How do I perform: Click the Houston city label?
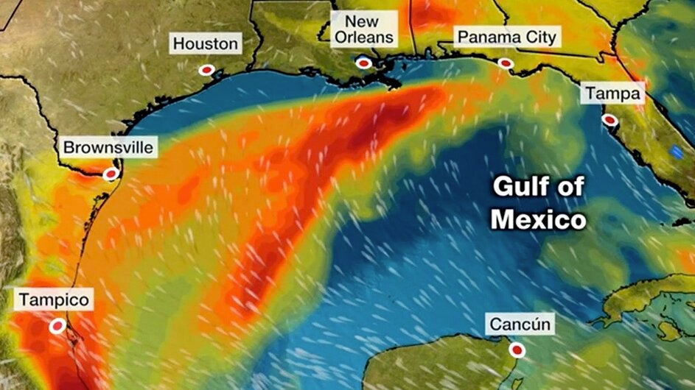pyautogui.click(x=206, y=44)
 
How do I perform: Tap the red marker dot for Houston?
pyautogui.click(x=207, y=69)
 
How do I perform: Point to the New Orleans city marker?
pyautogui.click(x=363, y=63)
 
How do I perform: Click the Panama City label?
pyautogui.click(x=507, y=37)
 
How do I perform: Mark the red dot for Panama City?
pyautogui.click(x=505, y=63)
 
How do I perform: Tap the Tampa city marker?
pyautogui.click(x=610, y=119)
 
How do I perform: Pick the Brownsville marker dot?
pyautogui.click(x=111, y=174)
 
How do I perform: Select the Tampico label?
pyautogui.click(x=54, y=300)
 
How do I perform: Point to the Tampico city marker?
pyautogui.click(x=57, y=326)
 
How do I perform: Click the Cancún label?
pyautogui.click(x=519, y=324)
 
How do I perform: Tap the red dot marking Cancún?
pyautogui.click(x=517, y=350)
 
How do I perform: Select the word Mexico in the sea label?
pyautogui.click(x=539, y=219)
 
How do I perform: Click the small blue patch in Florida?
pyautogui.click(x=677, y=152)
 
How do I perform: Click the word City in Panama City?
pyautogui.click(x=540, y=37)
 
